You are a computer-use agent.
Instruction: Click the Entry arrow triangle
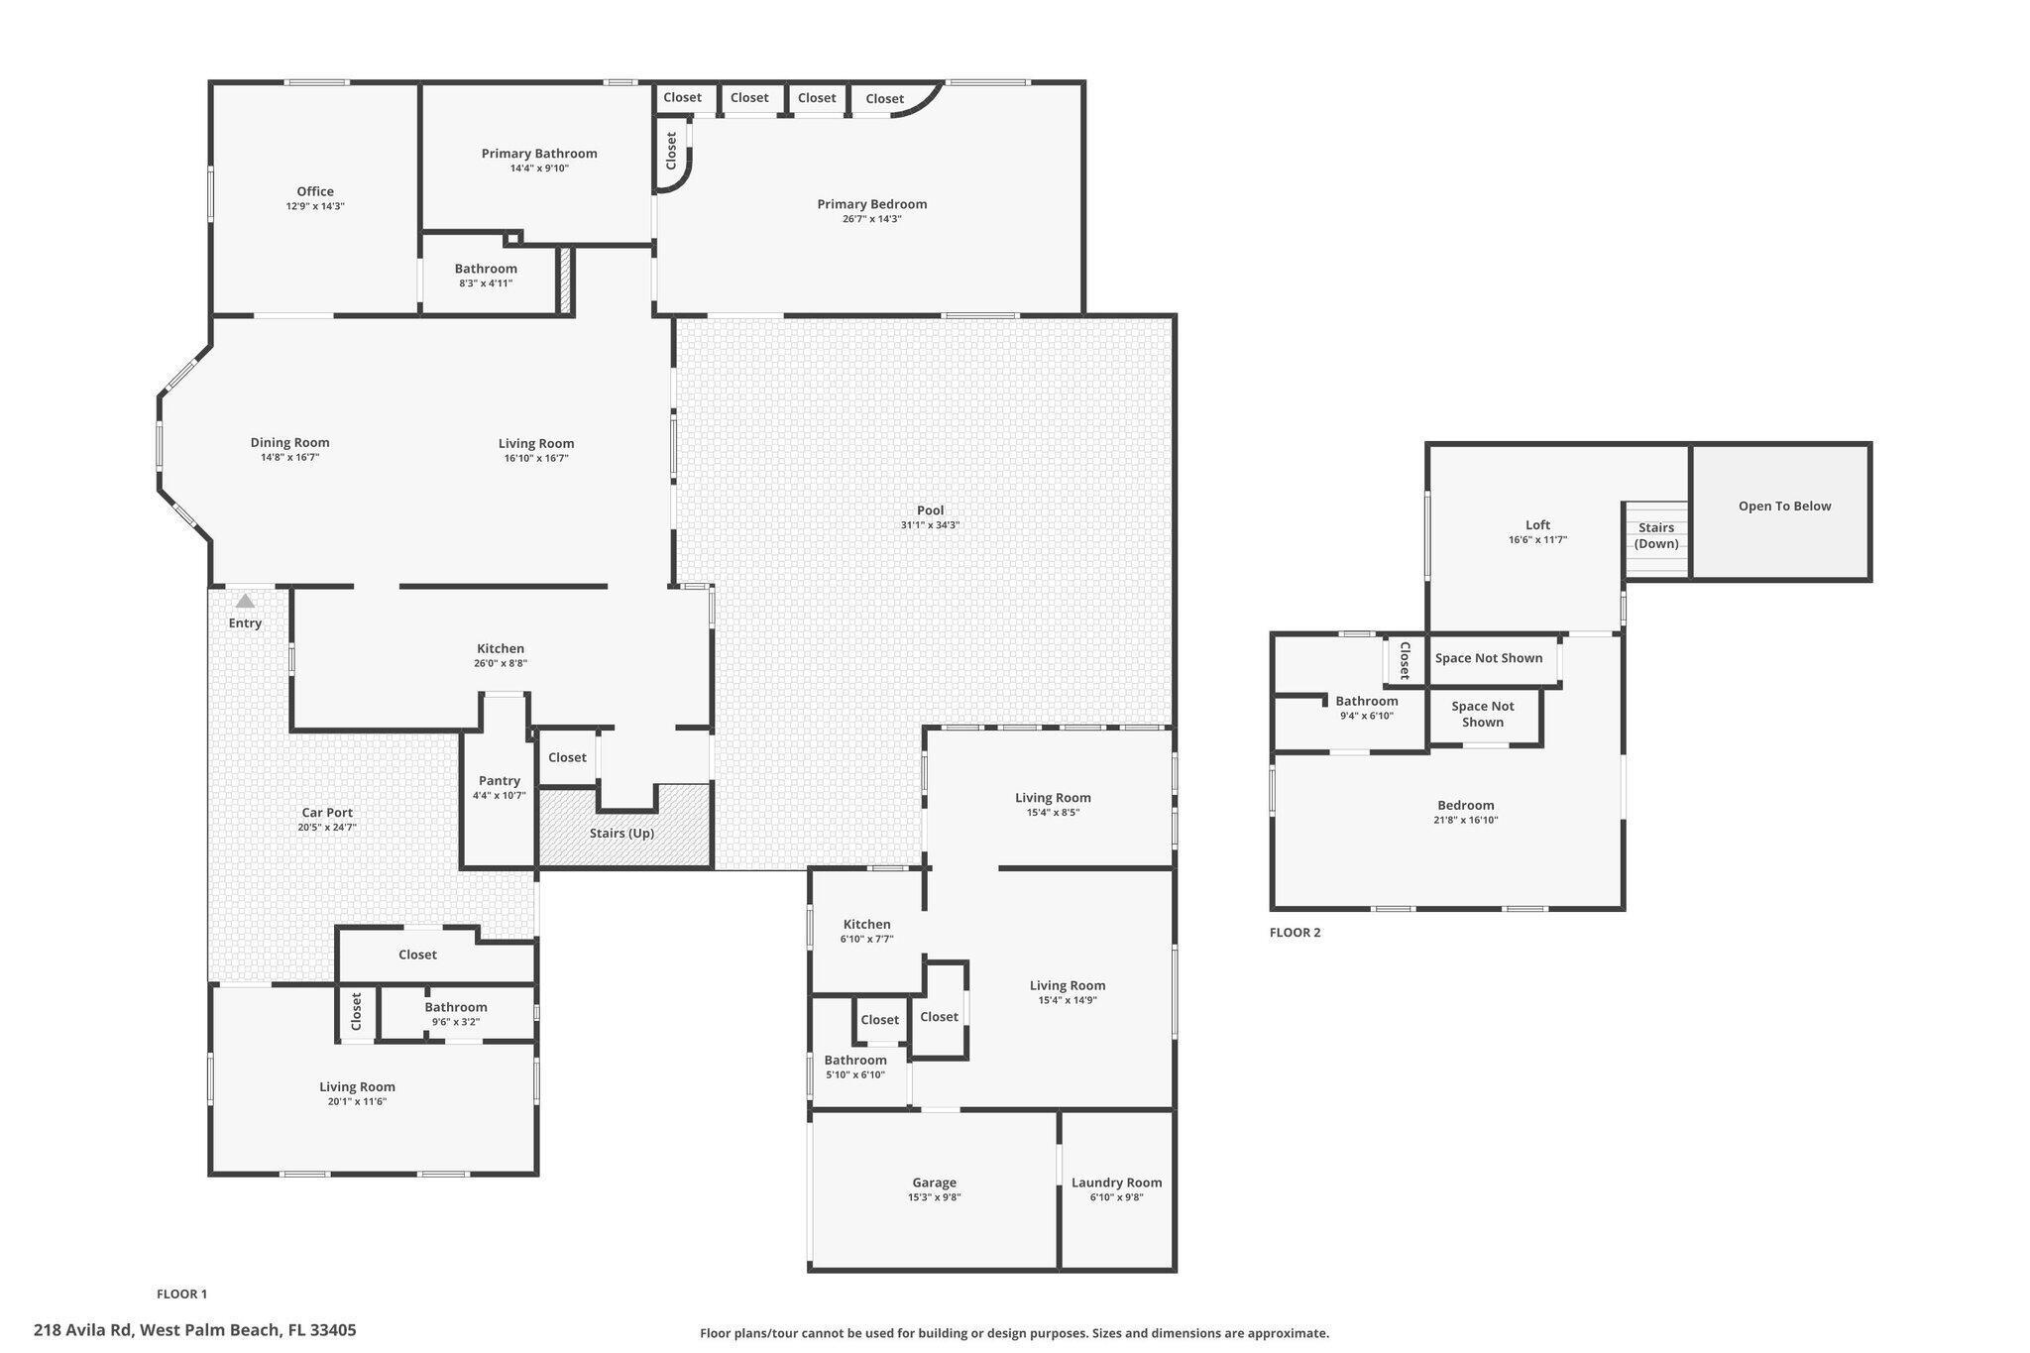245,601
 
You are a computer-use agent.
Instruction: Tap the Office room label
315,191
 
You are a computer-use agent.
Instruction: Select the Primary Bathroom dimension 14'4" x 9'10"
539,169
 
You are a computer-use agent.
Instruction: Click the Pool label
930,510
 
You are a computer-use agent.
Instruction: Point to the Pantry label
499,780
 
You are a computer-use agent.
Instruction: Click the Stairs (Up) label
621,833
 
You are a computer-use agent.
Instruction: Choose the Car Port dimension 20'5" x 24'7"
327,828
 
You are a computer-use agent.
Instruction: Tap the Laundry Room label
1116,1182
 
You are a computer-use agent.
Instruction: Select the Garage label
934,1182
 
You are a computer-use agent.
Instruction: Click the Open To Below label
1784,506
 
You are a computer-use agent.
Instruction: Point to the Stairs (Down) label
1656,535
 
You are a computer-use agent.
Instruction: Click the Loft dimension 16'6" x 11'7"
1537,540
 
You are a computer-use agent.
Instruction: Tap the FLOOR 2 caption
1295,932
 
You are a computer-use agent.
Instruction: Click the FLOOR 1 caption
181,1294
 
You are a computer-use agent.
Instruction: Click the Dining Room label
289,443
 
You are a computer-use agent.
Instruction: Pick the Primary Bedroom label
871,204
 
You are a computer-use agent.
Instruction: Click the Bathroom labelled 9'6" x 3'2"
456,1007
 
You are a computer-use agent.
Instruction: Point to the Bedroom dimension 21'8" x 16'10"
1465,820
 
